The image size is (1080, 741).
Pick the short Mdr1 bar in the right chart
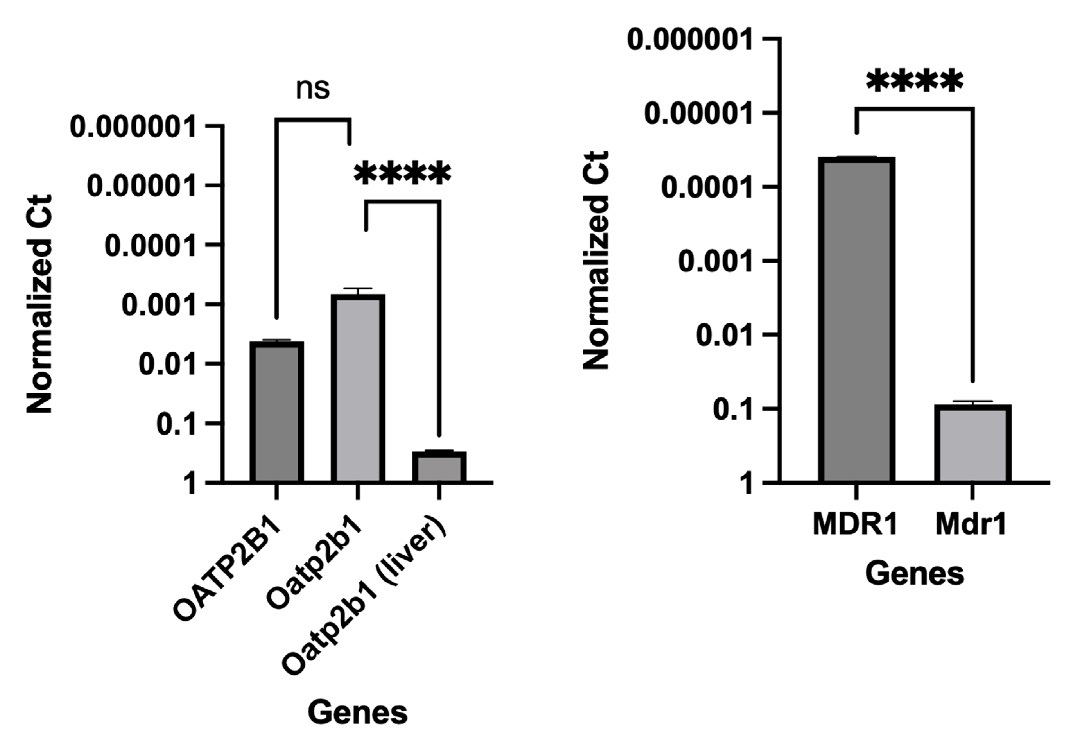pos(973,444)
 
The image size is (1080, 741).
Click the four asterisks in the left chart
pos(402,174)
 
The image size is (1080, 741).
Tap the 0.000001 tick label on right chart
pos(690,39)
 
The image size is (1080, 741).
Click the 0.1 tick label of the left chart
pos(176,424)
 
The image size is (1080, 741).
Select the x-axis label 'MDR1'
pos(855,524)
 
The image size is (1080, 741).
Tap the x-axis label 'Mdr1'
pos(971,524)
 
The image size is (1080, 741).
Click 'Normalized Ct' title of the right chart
pos(596,260)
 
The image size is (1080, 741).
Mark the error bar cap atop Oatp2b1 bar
pos(358,289)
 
